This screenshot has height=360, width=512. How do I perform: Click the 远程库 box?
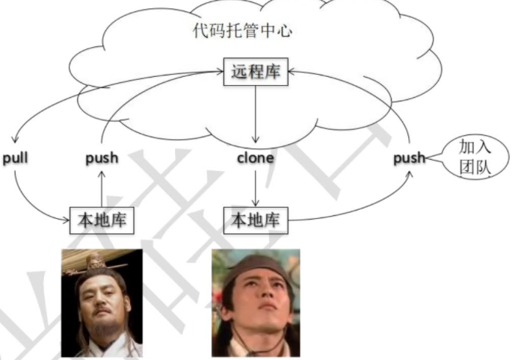(x=256, y=73)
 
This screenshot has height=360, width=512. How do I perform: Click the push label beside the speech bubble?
(x=409, y=158)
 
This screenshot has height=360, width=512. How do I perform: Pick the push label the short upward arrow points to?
(x=102, y=158)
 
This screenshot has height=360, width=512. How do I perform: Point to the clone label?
(x=256, y=158)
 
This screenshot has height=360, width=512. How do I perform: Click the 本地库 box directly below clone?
(x=256, y=220)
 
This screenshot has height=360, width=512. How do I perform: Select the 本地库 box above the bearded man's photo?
(x=102, y=220)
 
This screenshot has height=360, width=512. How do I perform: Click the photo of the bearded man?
(x=102, y=302)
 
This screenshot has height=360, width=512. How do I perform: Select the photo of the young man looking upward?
(x=256, y=302)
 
